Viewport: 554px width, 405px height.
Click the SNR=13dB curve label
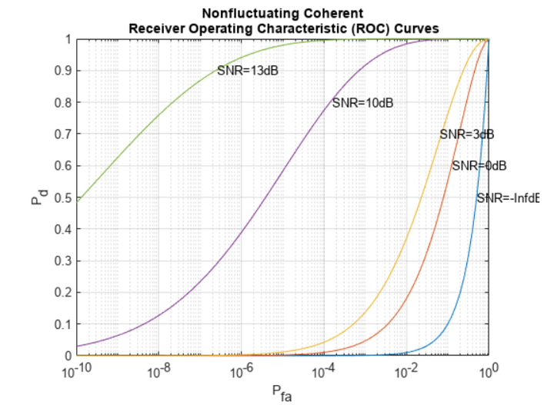click(247, 71)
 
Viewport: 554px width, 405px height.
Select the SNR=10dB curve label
click(362, 103)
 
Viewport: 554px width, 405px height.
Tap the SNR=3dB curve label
click(466, 134)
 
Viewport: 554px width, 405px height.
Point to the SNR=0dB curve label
click(479, 165)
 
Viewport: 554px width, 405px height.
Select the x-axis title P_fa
click(282, 393)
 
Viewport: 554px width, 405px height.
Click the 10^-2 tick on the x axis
click(406, 372)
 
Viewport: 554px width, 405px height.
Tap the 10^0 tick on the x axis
click(489, 372)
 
